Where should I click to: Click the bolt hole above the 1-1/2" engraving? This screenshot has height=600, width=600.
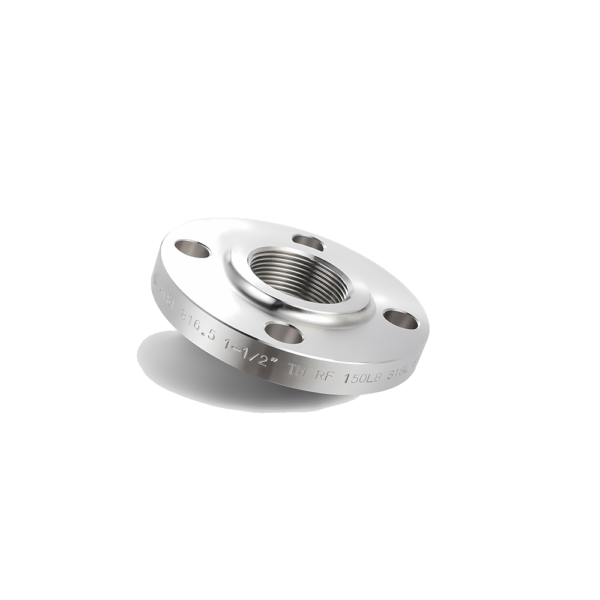point(283,331)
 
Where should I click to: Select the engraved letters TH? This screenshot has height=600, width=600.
point(298,370)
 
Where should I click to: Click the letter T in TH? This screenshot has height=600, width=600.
point(293,369)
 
